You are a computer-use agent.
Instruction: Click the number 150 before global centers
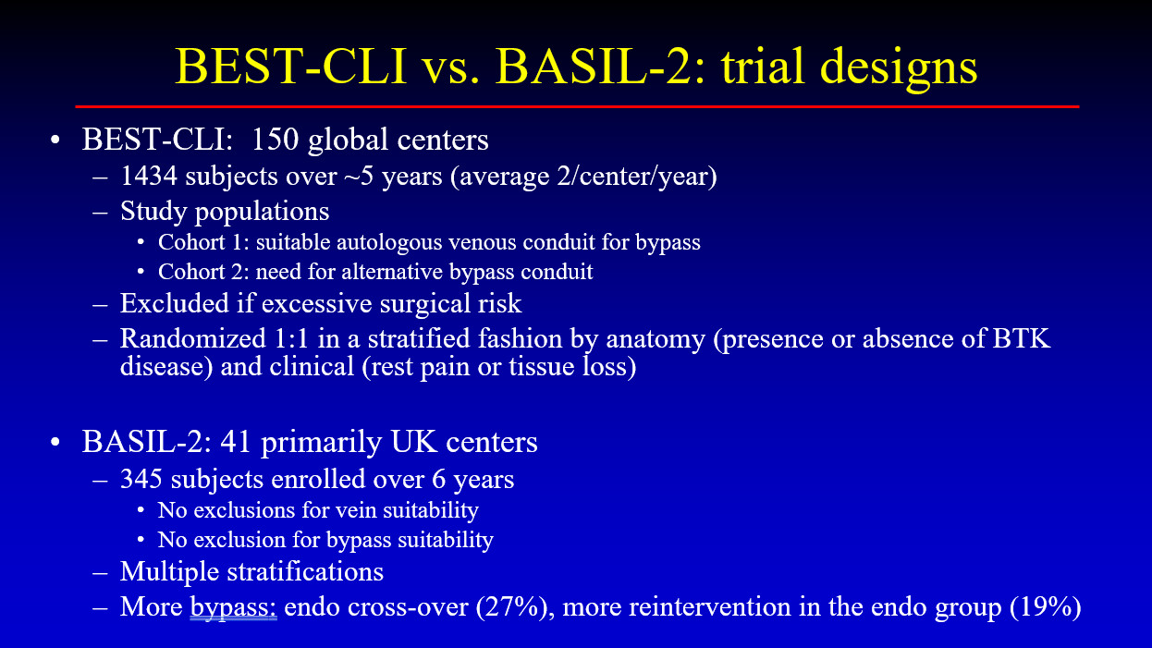[x=275, y=139]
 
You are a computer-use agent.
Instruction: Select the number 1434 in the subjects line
[x=149, y=176]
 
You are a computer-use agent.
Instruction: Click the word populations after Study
[x=263, y=212]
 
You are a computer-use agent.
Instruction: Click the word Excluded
[x=175, y=302]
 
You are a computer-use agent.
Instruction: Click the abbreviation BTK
[x=1021, y=338]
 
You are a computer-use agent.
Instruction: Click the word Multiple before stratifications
[x=170, y=572]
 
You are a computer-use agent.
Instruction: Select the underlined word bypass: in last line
[x=234, y=608]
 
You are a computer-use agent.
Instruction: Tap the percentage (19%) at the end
[x=1046, y=606]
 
